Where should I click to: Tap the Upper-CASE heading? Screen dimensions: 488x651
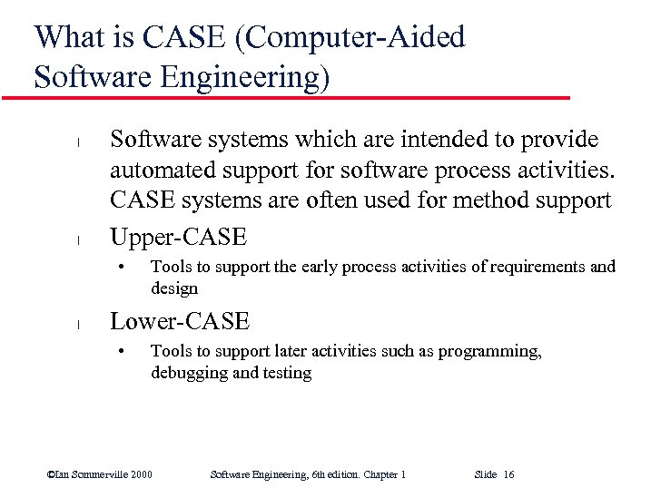178,237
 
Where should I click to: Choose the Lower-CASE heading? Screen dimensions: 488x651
179,321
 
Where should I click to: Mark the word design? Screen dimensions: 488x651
173,288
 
